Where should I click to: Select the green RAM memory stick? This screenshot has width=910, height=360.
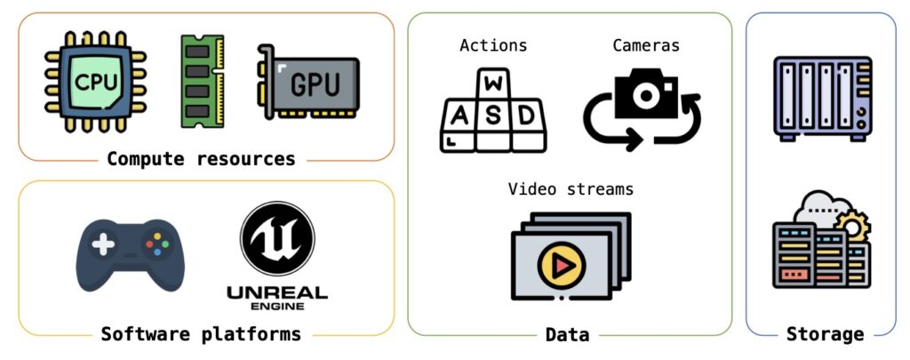pos(202,83)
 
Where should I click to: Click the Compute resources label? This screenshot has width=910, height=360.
pos(201,160)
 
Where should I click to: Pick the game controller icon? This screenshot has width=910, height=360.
pos(130,254)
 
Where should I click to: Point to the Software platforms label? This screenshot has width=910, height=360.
pos(201,334)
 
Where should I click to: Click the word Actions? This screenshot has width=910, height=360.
pos(493,45)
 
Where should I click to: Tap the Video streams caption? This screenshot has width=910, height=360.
pos(571,189)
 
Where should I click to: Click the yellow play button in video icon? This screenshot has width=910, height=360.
pos(556,264)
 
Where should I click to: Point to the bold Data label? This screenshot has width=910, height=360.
pos(567,335)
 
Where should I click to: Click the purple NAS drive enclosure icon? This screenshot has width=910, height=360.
pos(822,97)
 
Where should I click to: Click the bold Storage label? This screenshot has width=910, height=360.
pos(825,335)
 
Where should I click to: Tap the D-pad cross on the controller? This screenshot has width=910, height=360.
pos(105,244)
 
